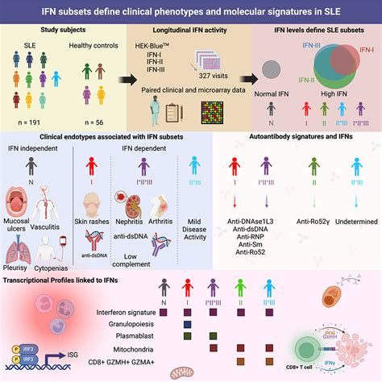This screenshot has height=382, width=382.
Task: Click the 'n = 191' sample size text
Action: tap(31, 120)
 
